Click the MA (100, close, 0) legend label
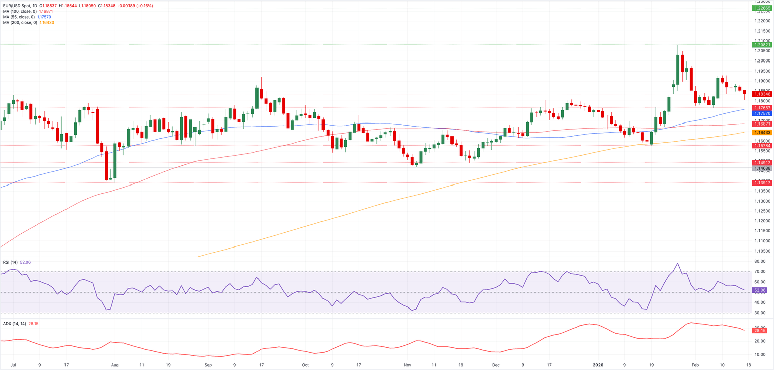click(x=19, y=11)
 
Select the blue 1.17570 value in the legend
click(x=44, y=17)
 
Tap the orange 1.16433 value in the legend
click(x=46, y=22)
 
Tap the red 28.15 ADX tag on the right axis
click(x=759, y=330)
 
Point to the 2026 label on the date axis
click(x=597, y=364)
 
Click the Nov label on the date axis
click(x=408, y=364)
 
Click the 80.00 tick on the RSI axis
click(x=759, y=261)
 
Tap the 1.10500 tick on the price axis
click(x=761, y=251)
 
